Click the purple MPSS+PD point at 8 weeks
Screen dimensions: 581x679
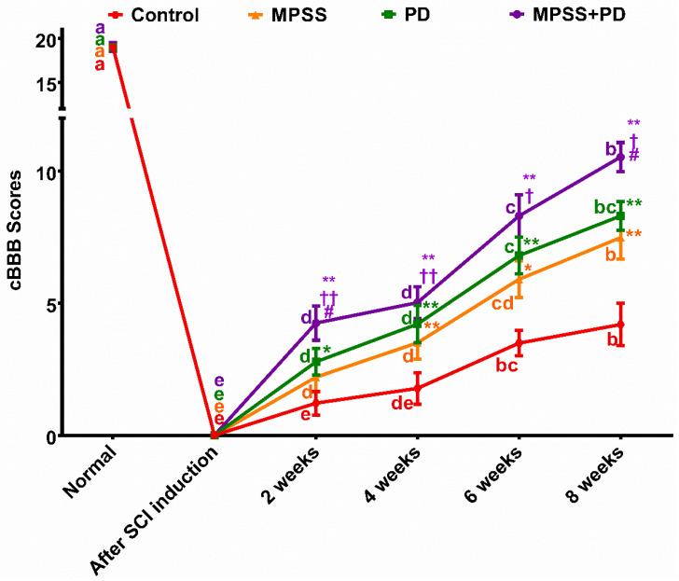point(620,157)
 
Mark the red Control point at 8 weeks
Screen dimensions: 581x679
point(620,325)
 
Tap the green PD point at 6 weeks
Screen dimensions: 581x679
point(519,255)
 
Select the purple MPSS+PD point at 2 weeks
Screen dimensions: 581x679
point(316,323)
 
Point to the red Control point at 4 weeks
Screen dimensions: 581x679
point(417,388)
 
